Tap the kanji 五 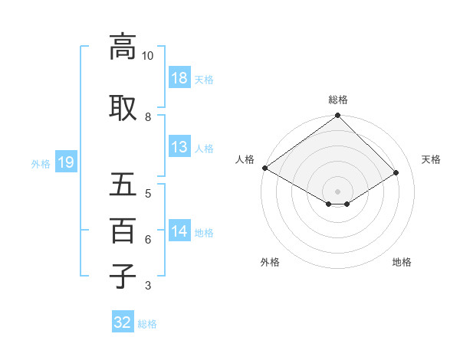[x=123, y=185]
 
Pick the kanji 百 [x=123, y=231]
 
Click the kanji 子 [x=123, y=276]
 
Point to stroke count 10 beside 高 [x=148, y=56]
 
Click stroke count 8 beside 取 [x=148, y=117]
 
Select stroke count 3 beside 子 [x=148, y=286]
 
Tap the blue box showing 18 [x=179, y=78]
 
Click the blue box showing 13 [x=179, y=147]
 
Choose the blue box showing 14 [x=179, y=231]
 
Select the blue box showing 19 [x=65, y=162]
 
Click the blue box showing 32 [x=123, y=322]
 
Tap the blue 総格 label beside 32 [x=147, y=324]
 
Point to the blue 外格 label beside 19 [x=41, y=163]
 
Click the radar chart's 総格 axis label [x=337, y=100]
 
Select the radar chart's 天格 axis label [x=431, y=159]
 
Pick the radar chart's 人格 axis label [x=245, y=159]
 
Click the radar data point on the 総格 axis [x=337, y=116]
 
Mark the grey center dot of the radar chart [x=337, y=190]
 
